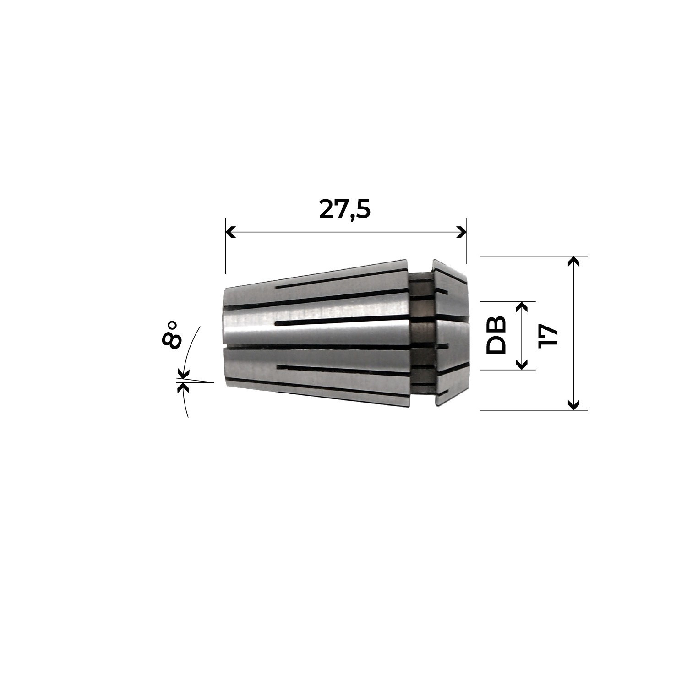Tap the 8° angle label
(171, 335)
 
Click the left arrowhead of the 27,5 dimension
(231, 232)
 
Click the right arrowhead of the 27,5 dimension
(461, 232)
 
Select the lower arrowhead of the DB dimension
(521, 364)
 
